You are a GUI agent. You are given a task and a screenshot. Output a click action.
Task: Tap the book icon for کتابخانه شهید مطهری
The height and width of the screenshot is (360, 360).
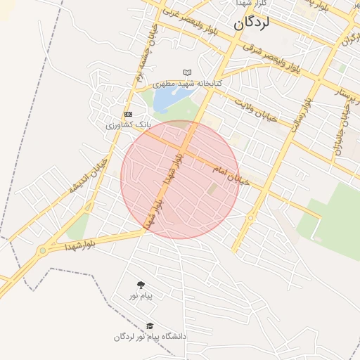click(x=187, y=72)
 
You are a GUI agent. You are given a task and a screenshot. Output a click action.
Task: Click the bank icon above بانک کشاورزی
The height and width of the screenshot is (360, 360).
click(x=128, y=114)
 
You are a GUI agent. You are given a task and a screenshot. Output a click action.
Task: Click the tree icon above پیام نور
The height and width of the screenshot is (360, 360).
click(x=141, y=285)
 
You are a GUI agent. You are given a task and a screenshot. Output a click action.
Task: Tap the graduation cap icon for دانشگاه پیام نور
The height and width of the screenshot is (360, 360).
click(x=150, y=326)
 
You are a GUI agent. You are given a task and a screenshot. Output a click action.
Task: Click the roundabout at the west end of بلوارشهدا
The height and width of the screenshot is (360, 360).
click(x=43, y=250)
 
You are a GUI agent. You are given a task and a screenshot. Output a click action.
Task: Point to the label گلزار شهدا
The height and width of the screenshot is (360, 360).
click(x=254, y=4)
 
